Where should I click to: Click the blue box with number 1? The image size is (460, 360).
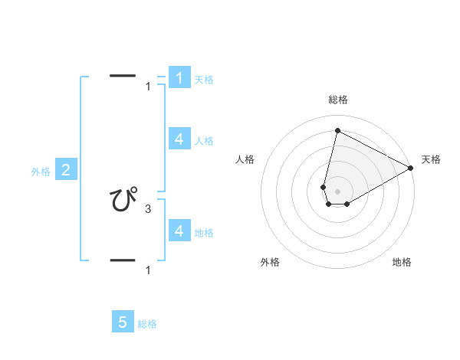pos(179,78)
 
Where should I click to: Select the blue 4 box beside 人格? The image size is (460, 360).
pos(179,139)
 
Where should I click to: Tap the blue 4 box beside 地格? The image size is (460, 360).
pos(179,231)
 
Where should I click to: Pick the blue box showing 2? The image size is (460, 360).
pos(66,170)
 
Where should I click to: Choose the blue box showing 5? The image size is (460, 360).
pos(123,322)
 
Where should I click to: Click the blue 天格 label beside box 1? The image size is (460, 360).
pos(203,80)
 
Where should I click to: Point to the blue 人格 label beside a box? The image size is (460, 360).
pos(204,141)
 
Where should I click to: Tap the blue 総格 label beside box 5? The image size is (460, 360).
pos(147,324)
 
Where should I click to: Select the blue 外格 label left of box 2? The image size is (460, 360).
pos(41,172)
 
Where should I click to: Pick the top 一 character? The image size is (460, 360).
pos(123,76)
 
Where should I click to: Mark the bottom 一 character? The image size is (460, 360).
pos(123,260)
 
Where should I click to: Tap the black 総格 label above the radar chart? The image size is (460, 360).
pos(337,100)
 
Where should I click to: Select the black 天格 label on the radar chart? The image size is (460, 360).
pos(431,159)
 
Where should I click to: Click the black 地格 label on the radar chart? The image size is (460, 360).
pos(402,263)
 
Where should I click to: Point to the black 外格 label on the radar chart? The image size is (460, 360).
pos(270,263)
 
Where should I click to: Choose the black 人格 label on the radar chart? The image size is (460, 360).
pos(245,159)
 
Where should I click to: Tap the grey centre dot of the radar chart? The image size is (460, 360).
pos(337,191)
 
